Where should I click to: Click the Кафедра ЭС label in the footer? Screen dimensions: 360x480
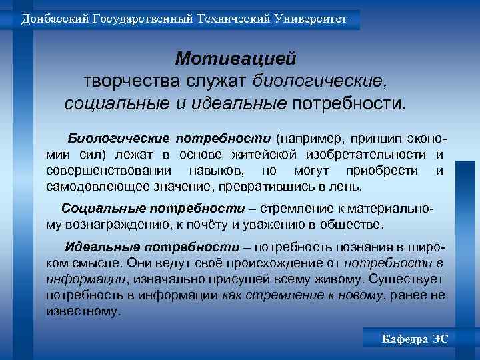[414, 339]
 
